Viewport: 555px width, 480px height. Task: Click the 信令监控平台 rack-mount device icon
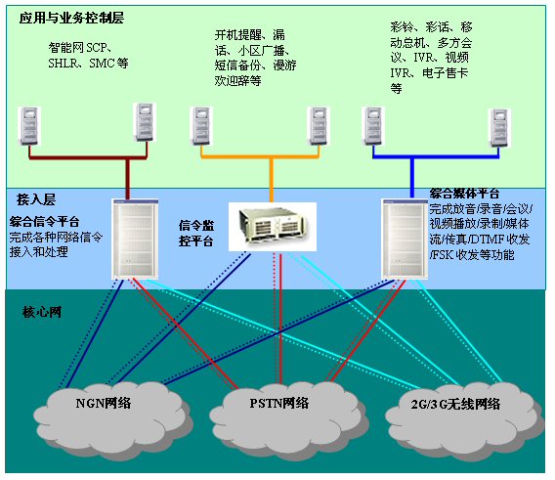tap(273, 227)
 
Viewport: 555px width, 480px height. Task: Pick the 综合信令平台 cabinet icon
tap(135, 240)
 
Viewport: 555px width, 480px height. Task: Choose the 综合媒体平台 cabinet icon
tap(405, 240)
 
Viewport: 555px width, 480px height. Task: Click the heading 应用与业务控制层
tap(71, 18)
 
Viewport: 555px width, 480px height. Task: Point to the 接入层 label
tap(36, 199)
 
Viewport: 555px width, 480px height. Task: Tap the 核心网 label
tap(42, 312)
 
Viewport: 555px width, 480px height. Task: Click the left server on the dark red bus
tap(29, 126)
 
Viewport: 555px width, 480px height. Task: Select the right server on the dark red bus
tap(145, 122)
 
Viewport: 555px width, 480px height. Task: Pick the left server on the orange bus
tap(201, 126)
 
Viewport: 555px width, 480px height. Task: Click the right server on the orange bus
tap(319, 126)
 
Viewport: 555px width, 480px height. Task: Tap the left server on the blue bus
tap(373, 126)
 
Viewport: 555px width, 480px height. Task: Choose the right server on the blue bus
tap(499, 128)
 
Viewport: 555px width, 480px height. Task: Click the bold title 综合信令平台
tap(44, 222)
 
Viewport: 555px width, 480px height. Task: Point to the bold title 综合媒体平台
tap(464, 194)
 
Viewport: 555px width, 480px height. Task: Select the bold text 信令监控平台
tap(196, 233)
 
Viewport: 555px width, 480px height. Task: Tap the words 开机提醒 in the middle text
tap(237, 35)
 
